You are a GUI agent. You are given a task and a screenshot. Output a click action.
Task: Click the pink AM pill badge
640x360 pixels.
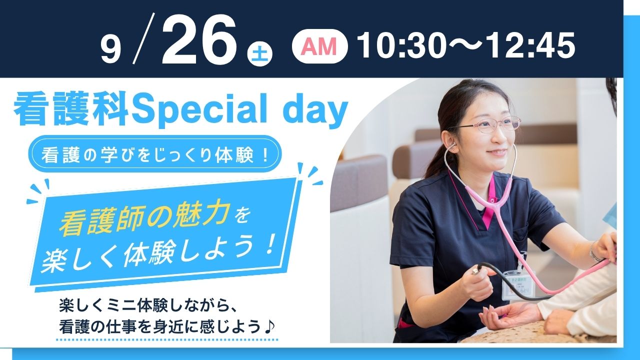click(x=319, y=46)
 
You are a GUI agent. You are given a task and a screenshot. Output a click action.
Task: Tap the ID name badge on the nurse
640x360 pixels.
click(x=517, y=285)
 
